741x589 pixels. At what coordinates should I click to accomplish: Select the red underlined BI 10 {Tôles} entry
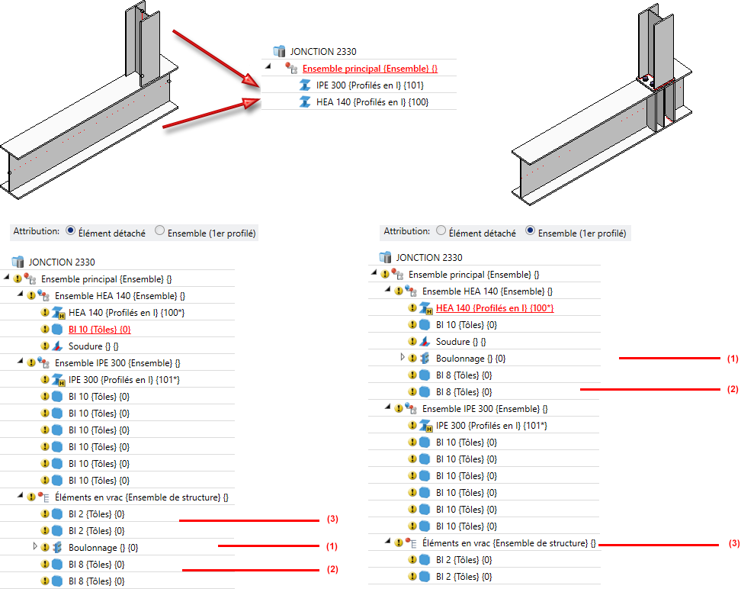tap(99, 329)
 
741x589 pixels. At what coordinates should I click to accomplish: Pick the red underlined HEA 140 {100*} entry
tap(494, 308)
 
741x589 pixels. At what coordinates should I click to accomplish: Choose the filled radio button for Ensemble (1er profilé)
tap(530, 232)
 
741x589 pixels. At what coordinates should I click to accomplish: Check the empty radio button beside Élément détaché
tap(441, 232)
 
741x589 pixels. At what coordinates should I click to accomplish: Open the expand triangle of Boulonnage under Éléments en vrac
tap(34, 547)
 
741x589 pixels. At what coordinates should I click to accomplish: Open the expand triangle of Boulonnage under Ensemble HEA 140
tap(403, 358)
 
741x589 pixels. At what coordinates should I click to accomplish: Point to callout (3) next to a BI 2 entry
tap(332, 520)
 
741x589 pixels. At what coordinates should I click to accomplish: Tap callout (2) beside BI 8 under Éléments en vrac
tap(332, 568)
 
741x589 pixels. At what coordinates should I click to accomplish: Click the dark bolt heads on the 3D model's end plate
tap(646, 79)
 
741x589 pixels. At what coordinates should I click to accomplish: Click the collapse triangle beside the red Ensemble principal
tap(268, 66)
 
